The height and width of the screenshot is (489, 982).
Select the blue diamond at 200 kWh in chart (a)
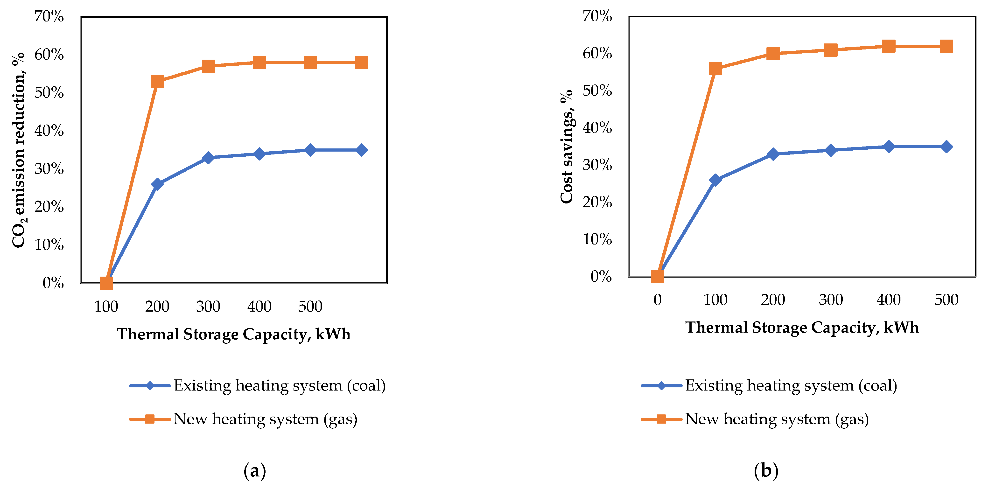157,184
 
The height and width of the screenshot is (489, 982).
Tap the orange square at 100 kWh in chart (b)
715,69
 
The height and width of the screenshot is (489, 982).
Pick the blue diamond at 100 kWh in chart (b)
715,180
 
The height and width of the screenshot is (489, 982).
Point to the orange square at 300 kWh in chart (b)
831,50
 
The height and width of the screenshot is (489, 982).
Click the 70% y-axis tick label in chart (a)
49,16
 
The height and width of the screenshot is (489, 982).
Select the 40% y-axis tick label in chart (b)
597,128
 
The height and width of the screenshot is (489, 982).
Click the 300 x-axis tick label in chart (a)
208,307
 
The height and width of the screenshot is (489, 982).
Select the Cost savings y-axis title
567,147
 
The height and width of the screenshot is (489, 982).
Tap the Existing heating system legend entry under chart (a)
258,386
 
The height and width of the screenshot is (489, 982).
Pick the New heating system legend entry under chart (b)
755,419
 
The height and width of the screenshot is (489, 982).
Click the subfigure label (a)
255,471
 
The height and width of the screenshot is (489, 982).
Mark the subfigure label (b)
766,471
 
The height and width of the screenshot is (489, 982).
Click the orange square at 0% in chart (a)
106,283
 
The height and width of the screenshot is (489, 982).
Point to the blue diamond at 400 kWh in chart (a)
259,154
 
